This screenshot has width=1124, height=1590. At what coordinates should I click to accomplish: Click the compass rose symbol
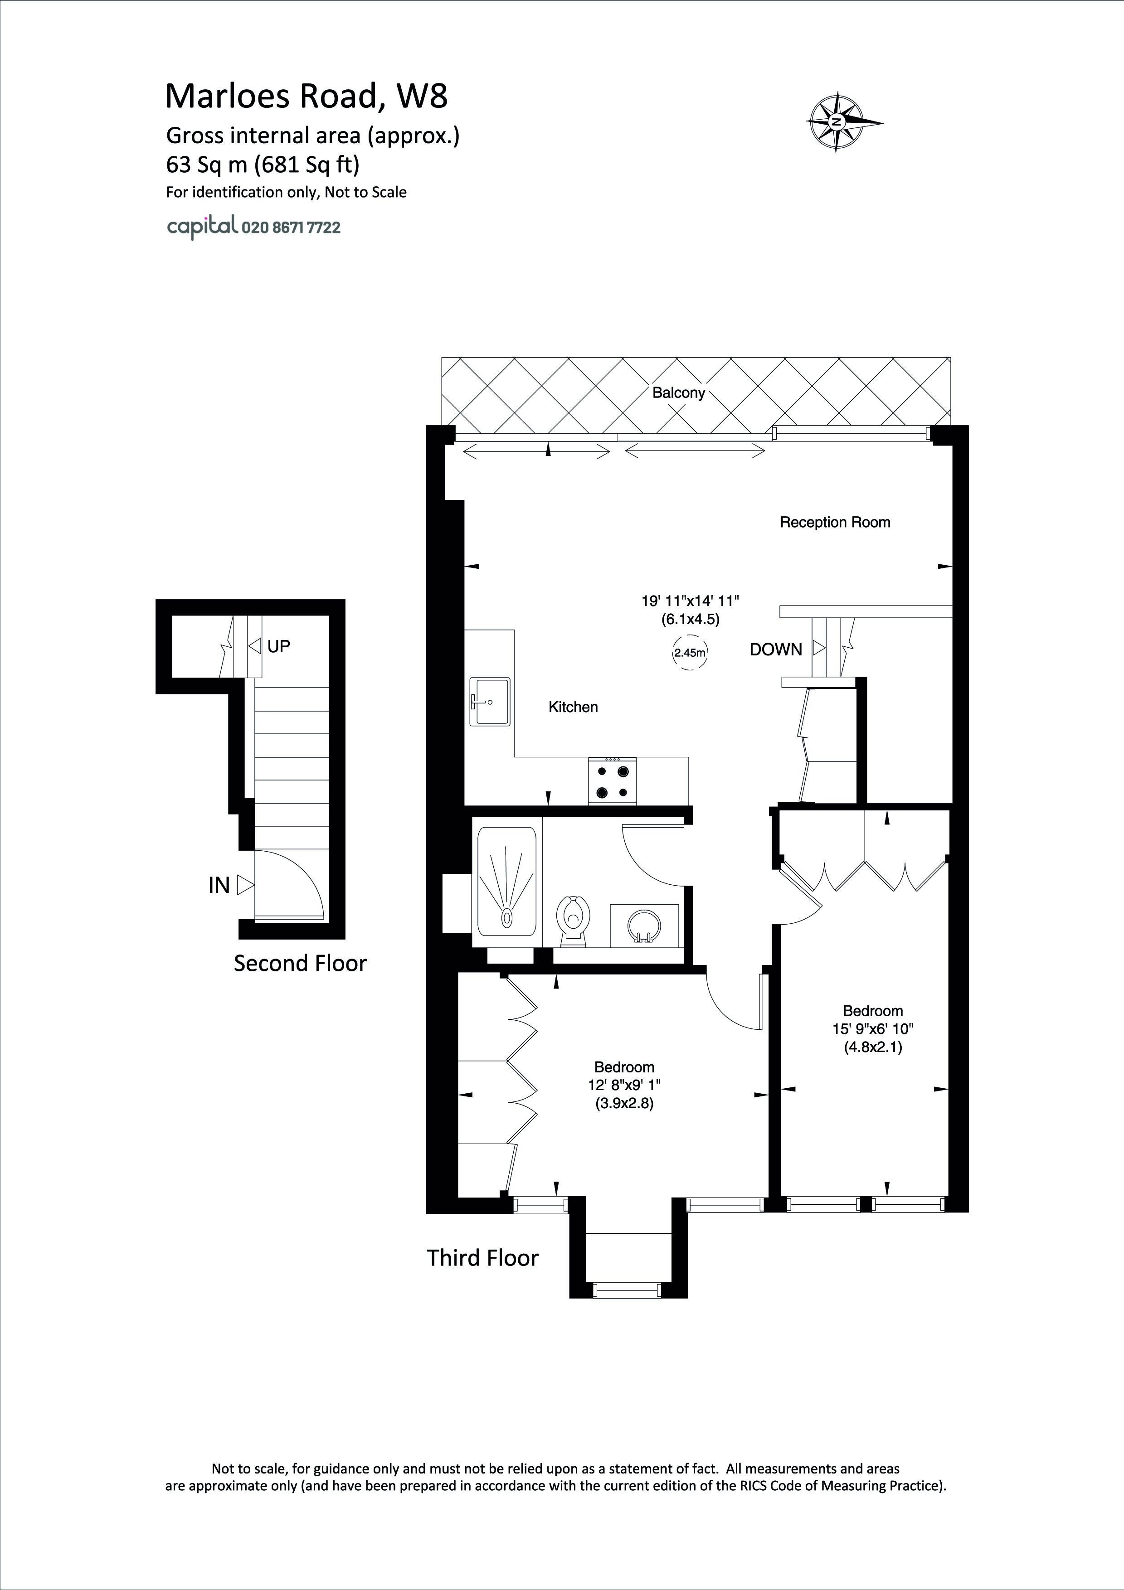[x=837, y=122]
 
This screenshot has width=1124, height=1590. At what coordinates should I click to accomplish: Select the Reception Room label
[x=835, y=522]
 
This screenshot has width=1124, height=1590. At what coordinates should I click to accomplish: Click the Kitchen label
[x=573, y=707]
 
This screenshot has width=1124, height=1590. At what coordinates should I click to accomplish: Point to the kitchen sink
[x=490, y=702]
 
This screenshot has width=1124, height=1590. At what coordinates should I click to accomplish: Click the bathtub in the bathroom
[x=507, y=879]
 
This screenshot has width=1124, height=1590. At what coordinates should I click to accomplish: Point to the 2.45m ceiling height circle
[x=690, y=652]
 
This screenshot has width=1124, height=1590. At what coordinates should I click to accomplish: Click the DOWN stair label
[x=776, y=650]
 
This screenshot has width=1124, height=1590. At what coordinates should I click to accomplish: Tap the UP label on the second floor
[x=278, y=646]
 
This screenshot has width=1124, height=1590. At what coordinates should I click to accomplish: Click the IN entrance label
[x=219, y=885]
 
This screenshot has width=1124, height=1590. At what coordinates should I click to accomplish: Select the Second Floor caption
[x=300, y=963]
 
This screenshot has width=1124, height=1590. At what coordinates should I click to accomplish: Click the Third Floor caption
[x=483, y=1258]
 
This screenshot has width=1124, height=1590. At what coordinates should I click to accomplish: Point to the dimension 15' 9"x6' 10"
[x=873, y=1029]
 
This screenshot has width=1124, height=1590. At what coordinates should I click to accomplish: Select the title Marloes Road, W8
[x=306, y=96]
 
